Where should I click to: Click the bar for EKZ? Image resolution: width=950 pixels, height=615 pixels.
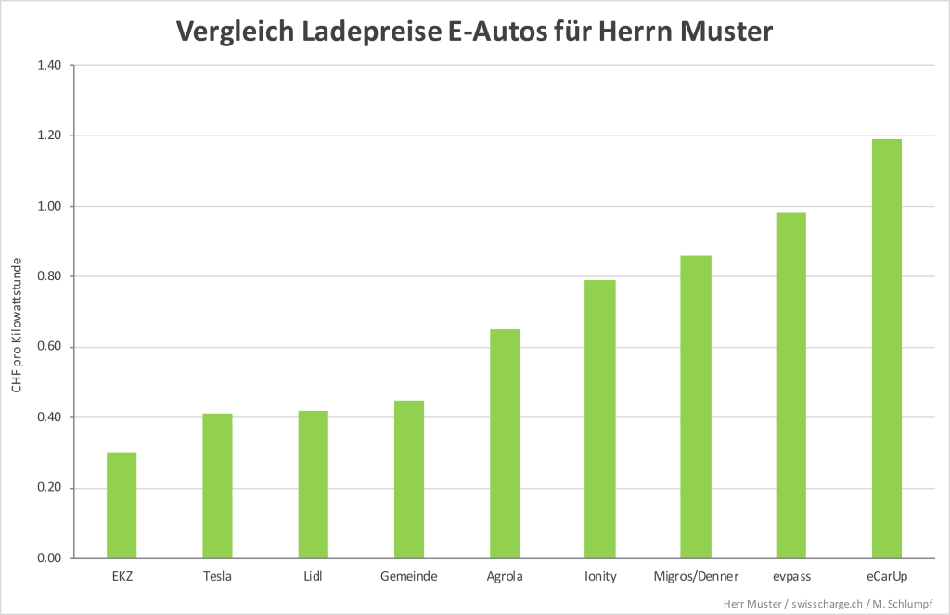coord(122,506)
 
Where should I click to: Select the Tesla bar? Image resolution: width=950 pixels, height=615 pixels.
coord(217,486)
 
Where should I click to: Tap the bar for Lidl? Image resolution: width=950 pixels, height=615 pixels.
coord(313,484)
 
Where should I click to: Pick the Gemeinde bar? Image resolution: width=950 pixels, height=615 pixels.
coord(409,480)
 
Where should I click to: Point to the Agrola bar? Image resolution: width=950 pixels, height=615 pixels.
coord(505,443)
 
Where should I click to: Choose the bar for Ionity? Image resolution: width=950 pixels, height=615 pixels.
coord(600,419)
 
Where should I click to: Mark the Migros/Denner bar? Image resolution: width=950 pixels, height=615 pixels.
coord(696,407)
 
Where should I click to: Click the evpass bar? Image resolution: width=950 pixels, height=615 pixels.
coord(791,386)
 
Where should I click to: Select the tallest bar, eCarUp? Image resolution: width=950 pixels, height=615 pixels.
coord(887,349)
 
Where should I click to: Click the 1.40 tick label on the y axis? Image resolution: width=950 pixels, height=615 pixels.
coord(49,65)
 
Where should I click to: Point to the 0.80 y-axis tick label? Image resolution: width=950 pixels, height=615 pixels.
coord(49,276)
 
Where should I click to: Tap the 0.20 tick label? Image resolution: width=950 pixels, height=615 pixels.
coord(49,488)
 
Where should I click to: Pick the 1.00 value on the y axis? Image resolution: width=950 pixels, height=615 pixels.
coord(49,206)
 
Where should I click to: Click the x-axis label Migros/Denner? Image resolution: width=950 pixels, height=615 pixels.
coord(696,577)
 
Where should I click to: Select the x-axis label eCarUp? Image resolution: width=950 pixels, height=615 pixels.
coord(887,577)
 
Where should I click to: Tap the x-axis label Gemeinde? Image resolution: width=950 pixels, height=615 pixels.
coord(408,577)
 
